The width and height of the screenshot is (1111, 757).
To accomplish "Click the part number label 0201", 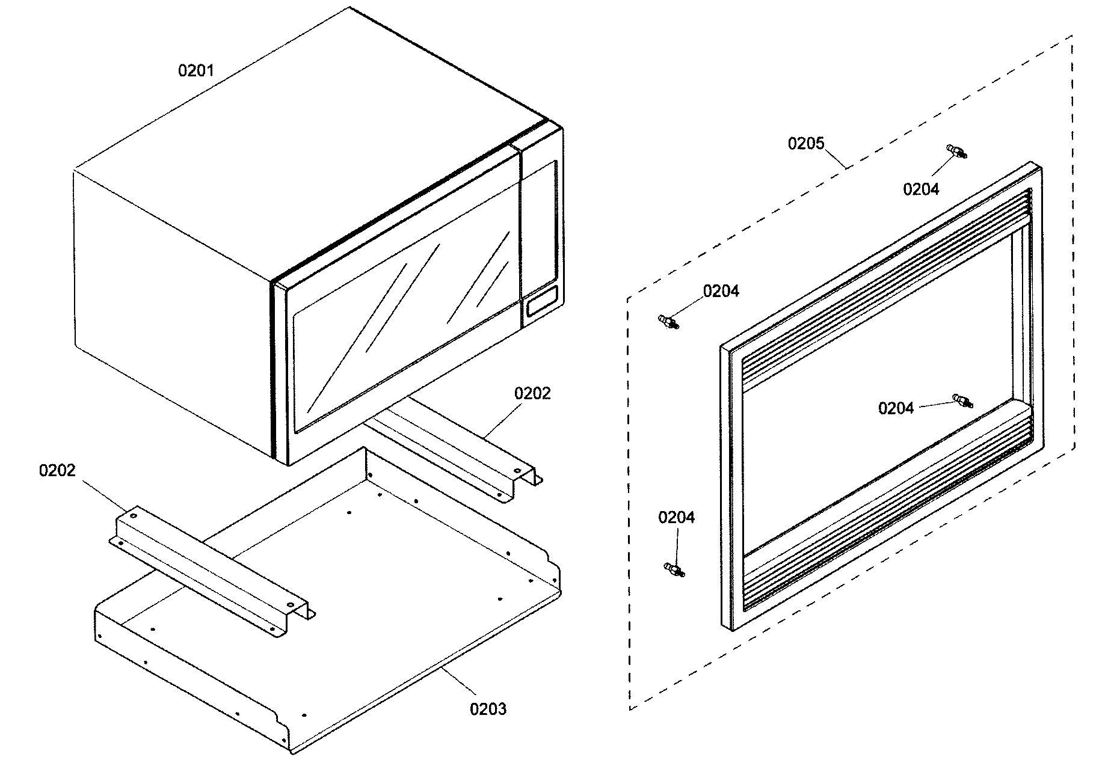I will point(195,71).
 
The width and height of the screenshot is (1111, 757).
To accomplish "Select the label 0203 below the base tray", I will point(488,709).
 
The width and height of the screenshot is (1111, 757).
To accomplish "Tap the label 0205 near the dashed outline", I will point(806,144).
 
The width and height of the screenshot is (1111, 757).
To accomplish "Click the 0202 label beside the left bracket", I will point(57,470).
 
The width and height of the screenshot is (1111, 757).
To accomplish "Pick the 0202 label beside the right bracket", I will point(532,393).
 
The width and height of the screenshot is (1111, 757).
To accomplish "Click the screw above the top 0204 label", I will point(957,151).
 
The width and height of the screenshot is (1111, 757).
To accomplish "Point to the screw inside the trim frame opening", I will point(962,400).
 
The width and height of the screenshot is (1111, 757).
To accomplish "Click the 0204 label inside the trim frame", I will point(896,409).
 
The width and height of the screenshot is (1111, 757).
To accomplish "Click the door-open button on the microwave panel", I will point(541,301).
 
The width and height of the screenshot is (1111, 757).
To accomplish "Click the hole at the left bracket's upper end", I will point(134,516).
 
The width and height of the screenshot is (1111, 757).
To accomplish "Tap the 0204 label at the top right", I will point(920,189).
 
